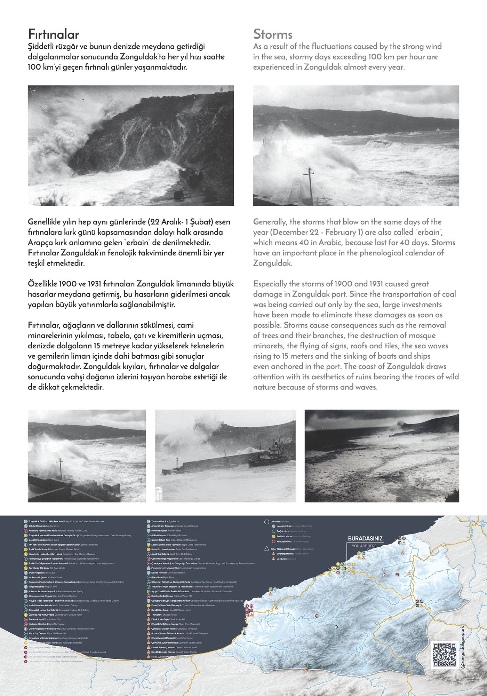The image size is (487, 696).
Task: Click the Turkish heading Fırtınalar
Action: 54,34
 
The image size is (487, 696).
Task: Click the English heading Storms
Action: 273,34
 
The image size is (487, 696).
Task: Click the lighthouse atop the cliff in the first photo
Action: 220,90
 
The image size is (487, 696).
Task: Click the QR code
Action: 445,655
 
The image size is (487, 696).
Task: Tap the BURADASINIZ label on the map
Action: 365,538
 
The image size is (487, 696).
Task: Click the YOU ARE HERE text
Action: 364,546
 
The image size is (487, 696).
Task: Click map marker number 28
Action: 317,616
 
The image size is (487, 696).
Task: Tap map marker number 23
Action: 397,574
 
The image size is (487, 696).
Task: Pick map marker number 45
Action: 422,601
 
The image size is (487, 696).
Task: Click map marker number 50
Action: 330,574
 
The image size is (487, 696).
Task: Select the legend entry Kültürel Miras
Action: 284,541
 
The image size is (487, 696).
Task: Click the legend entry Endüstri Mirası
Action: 284,536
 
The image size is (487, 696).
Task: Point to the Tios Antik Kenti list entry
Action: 38,619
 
